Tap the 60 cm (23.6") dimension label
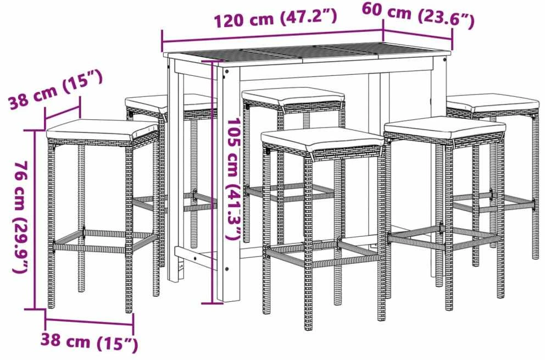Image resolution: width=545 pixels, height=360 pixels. tap(418, 15)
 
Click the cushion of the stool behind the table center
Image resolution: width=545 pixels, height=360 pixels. tap(293, 96)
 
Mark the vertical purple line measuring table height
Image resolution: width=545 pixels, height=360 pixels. tap(212, 181)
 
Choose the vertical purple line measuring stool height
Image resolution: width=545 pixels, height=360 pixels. tap(35, 219)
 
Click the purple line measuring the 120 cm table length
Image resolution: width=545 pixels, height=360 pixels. tap(272, 36)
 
